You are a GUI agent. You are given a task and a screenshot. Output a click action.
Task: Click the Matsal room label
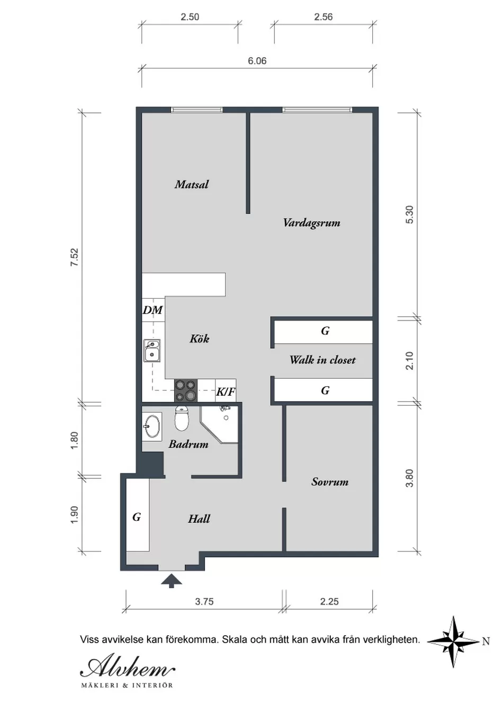pyautogui.click(x=192, y=184)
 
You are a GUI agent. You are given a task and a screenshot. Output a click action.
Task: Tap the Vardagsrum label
pyautogui.click(x=312, y=222)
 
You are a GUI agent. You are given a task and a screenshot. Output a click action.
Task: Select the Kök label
pyautogui.click(x=200, y=338)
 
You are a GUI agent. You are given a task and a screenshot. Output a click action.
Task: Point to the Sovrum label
pyautogui.click(x=330, y=482)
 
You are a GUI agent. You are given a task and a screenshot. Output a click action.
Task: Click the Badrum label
pyautogui.click(x=188, y=444)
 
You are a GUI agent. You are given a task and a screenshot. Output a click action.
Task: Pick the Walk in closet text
pyautogui.click(x=322, y=360)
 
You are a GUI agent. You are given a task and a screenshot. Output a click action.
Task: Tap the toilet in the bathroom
pyautogui.click(x=182, y=419)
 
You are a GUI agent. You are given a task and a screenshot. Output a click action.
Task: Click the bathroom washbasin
pyautogui.click(x=152, y=426)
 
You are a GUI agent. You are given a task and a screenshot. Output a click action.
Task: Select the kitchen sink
pyautogui.click(x=152, y=351)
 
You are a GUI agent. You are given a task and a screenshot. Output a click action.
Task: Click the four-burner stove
pyautogui.click(x=186, y=390)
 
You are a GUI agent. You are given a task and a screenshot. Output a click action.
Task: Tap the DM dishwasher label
pyautogui.click(x=153, y=310)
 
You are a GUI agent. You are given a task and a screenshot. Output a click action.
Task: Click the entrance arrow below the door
pyautogui.click(x=172, y=581)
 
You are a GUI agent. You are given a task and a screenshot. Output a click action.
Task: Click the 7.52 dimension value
pyautogui.click(x=74, y=257)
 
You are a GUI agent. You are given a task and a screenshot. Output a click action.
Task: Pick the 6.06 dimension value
pyautogui.click(x=257, y=61)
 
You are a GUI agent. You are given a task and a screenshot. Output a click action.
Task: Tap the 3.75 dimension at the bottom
pyautogui.click(x=204, y=602)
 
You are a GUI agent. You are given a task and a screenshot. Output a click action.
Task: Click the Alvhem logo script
pyautogui.click(x=128, y=667)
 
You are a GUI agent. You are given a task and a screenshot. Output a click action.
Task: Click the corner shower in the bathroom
pyautogui.click(x=219, y=424)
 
